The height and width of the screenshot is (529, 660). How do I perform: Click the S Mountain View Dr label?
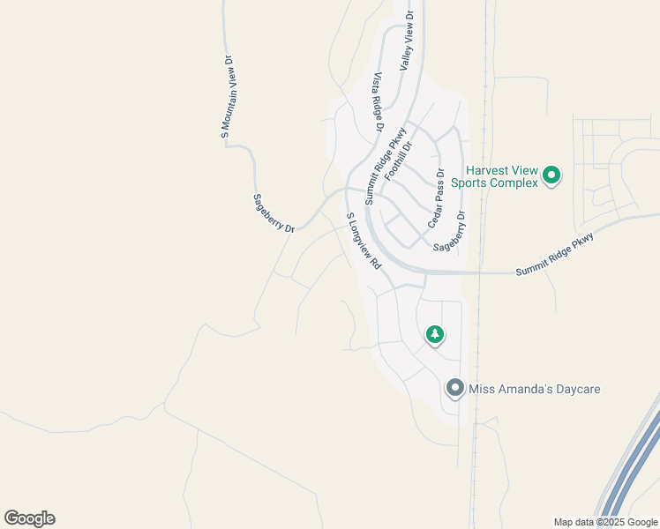coord(226,97)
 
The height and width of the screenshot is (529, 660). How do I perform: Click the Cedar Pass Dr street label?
coord(435,198)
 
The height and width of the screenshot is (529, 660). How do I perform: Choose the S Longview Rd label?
coord(363,240)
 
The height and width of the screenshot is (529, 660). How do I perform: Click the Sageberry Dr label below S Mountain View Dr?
coord(274,213)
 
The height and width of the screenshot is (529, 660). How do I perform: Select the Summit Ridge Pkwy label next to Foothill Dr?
coord(386,165)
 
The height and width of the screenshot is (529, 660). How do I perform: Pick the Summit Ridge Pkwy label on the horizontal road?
coord(557,254)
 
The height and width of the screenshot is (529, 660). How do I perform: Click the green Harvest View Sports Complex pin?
coord(552,175)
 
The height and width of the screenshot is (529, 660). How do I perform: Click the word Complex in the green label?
coord(517,183)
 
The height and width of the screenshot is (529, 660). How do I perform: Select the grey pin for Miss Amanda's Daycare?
coord(455,388)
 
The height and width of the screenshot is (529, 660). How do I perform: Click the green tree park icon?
coord(434,334)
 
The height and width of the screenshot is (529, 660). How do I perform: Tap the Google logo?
coord(29,518)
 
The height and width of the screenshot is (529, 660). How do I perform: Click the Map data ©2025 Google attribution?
coord(605,522)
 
